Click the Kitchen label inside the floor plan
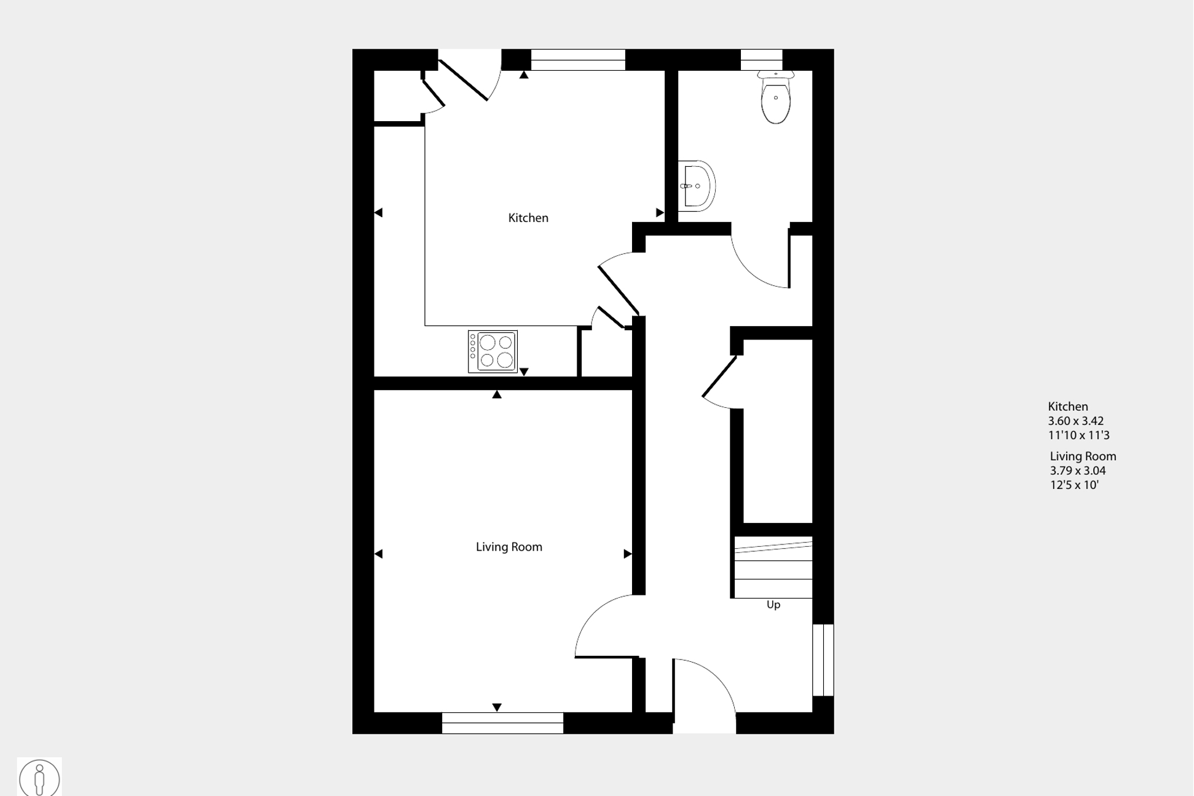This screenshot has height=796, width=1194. pos(528,218)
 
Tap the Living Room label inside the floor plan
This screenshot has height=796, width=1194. pos(509,547)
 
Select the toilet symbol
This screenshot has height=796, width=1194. pos(776,97)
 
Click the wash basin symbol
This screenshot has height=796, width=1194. pos(697,186)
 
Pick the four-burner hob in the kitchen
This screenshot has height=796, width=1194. pos(492,351)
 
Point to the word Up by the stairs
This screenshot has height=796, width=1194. pos(773,605)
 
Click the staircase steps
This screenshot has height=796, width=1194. pos(773,567)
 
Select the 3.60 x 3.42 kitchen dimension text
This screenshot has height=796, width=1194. pos(1076,421)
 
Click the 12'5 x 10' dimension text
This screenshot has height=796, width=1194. pos(1074,485)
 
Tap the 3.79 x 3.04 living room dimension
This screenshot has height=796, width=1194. pos(1078,471)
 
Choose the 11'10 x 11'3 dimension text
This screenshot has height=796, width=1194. pos(1079,435)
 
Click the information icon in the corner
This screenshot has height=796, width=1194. pos(39,778)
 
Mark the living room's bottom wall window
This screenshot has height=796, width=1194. pos(502,723)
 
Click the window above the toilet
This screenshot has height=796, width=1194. pos(761,60)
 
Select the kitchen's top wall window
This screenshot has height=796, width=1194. pos(578,60)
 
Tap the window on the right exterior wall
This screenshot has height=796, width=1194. pos(823,660)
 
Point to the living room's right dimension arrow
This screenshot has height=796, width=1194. pos(628,554)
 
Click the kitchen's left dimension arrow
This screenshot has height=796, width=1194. pos(378,212)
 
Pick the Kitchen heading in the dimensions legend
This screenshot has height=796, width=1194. pos(1068,407)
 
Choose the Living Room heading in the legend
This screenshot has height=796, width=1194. pos(1083,456)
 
